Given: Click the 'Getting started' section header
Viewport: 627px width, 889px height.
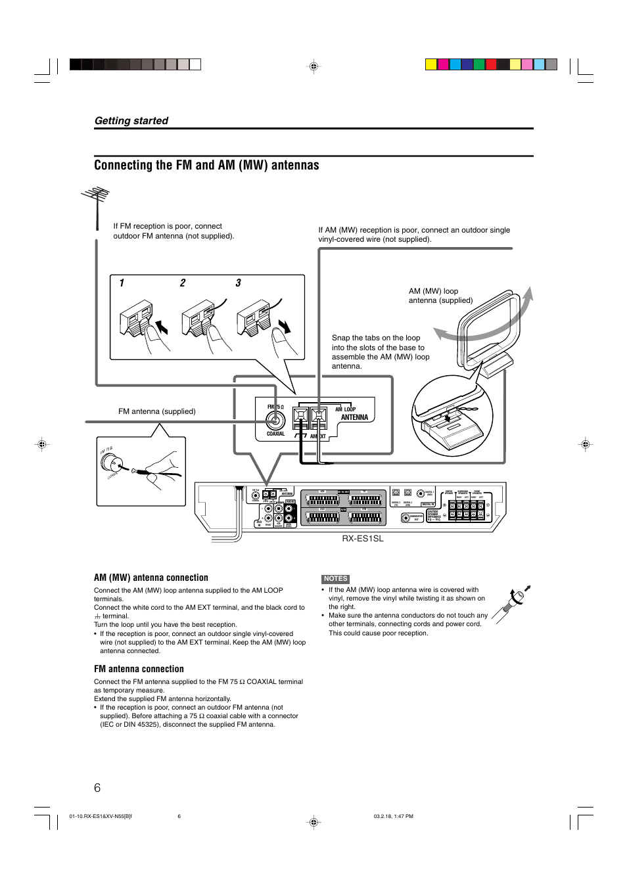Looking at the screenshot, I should [131, 121].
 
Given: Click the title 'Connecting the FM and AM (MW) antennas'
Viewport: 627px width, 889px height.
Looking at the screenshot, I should [206, 166].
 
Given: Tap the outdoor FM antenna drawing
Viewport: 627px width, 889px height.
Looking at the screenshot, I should [96, 204].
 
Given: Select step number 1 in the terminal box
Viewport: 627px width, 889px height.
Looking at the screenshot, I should [122, 283].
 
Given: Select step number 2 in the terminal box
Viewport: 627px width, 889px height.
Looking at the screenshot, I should [183, 283].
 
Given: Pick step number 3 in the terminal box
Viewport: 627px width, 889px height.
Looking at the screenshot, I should [238, 283].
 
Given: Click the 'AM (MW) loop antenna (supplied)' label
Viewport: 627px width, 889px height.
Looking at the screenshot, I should [440, 296].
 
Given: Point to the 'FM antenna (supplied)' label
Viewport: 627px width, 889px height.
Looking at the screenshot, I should [156, 411].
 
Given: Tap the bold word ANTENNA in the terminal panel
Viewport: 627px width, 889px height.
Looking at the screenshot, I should [354, 417].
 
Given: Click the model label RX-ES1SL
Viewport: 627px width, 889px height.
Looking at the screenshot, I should [362, 539].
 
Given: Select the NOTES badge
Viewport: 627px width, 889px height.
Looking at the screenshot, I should [335, 579].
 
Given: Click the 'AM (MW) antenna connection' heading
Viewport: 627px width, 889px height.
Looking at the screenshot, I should [151, 578].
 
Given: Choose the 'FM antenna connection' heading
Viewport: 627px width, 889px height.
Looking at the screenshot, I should [139, 670].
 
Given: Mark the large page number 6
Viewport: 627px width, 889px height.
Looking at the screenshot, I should [97, 788].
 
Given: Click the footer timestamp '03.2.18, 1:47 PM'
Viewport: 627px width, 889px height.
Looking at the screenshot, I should [393, 817].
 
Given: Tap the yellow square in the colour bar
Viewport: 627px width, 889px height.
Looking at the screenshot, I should [431, 64].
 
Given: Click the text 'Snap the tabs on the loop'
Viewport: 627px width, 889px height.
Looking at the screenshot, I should [375, 338].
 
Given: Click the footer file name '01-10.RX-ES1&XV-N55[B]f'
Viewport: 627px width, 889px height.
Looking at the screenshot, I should [101, 817].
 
